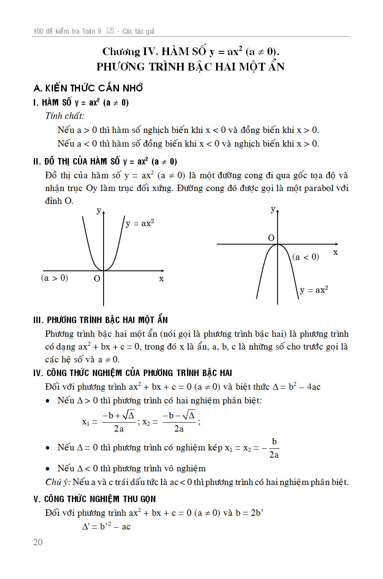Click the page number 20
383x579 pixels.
tap(38, 542)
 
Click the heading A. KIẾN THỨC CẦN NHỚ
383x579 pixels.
tap(88, 88)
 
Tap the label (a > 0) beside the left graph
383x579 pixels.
tap(54, 278)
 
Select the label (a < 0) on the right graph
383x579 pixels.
tap(306, 257)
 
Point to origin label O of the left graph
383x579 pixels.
tap(97, 279)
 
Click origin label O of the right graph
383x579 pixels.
tap(271, 238)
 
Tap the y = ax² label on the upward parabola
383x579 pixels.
tap(140, 223)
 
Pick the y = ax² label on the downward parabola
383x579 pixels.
tap(314, 290)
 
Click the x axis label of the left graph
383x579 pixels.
tap(161, 279)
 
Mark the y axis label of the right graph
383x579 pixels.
tap(273, 209)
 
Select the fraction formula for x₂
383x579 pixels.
tap(178, 421)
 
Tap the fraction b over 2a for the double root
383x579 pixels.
tap(274, 448)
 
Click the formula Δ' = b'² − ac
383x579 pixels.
tap(106, 526)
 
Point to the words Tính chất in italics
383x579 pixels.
tap(65, 116)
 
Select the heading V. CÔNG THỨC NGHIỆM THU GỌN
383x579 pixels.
tap(95, 499)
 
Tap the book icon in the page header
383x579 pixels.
tap(110, 31)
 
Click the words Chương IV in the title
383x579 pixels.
tap(128, 52)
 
